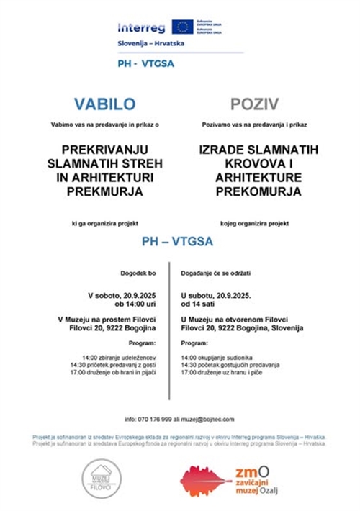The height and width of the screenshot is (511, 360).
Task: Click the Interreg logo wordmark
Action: coord(141,28)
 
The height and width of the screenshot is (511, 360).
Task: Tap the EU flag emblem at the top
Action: coord(183,27)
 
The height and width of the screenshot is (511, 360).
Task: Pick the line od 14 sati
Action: coord(202,304)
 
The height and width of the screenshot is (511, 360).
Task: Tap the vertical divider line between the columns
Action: coord(170,331)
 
